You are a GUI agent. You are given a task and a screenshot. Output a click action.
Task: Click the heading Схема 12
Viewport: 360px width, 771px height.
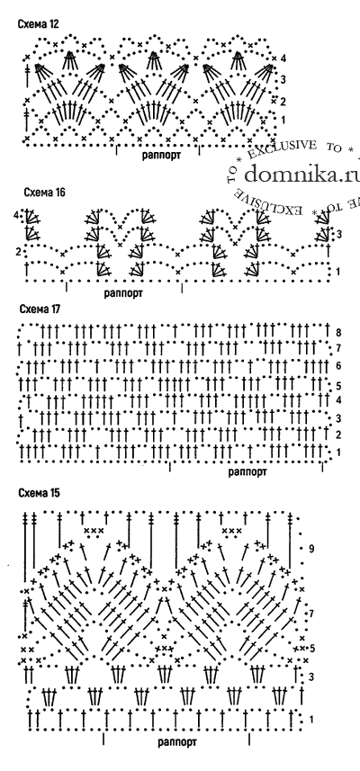point(39,23)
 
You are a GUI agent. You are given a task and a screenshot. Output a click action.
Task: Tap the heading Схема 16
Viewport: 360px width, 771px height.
point(44,192)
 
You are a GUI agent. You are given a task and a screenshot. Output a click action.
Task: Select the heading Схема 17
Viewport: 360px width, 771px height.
point(40,309)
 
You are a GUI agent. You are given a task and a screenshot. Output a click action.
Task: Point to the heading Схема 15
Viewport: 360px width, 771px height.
point(40,493)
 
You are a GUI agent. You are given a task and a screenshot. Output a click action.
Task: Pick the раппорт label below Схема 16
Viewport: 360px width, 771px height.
point(123,293)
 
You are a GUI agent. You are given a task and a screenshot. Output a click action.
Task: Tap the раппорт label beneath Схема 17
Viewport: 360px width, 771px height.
point(247,472)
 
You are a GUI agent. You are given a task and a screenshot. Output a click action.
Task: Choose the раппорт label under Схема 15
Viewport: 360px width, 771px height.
point(177,741)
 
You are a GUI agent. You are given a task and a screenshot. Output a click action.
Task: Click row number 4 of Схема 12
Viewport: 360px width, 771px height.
point(283,58)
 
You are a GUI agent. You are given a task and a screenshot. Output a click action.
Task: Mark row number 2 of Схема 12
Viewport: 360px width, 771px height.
point(283,102)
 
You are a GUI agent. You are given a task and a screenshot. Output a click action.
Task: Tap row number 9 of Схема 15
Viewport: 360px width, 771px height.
point(311,549)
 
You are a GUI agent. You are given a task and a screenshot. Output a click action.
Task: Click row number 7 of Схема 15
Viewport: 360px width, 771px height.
point(311,614)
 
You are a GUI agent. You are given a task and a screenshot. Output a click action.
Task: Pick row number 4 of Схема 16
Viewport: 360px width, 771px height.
point(16,215)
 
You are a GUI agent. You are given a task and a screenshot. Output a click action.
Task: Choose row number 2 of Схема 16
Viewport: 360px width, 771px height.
point(18,252)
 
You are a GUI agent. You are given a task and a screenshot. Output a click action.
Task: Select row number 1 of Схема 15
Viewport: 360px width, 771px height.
point(311,720)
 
